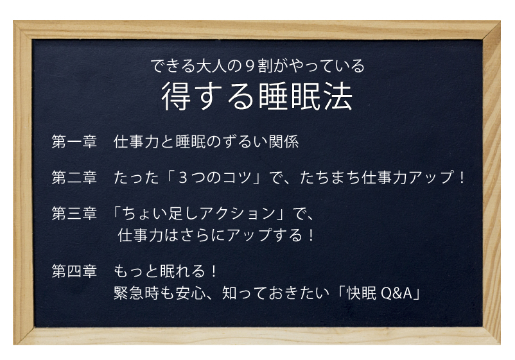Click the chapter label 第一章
pyautogui.click(x=74, y=142)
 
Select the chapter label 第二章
pyautogui.click(x=74, y=178)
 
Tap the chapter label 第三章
pyautogui.click(x=74, y=213)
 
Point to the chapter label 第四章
pyautogui.click(x=74, y=271)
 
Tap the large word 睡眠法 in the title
pyautogui.click(x=306, y=96)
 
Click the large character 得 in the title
pyautogui.click(x=176, y=96)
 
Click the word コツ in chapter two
pyautogui.click(x=238, y=178)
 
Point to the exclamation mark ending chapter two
pyautogui.click(x=462, y=178)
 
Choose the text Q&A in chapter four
pyautogui.click(x=396, y=293)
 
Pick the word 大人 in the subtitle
pyautogui.click(x=211, y=66)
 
